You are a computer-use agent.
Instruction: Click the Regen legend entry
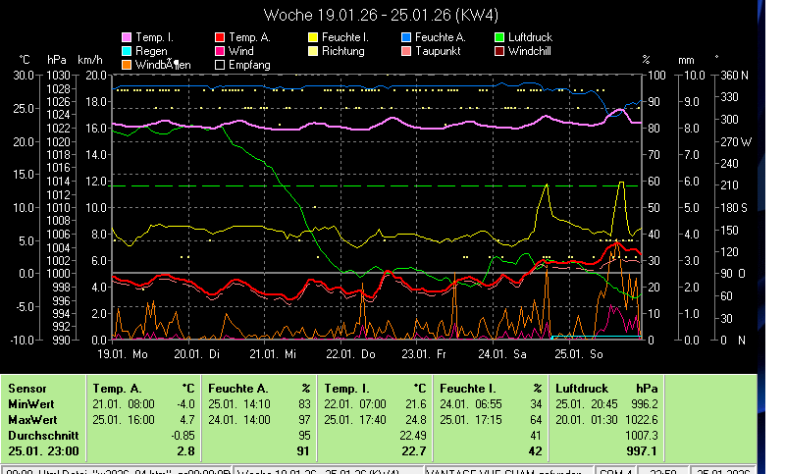[151, 51]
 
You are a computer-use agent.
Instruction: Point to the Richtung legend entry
[342, 51]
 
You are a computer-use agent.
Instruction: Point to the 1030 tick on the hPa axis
[59, 76]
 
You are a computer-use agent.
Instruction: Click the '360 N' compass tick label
[734, 76]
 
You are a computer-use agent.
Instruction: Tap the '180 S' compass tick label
[734, 207]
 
